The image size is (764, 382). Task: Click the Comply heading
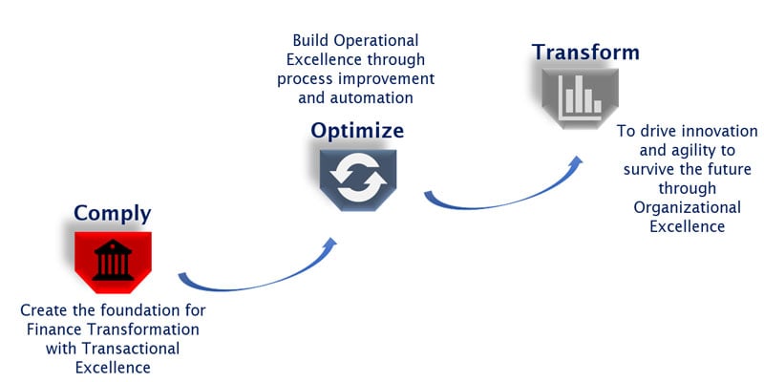(112, 213)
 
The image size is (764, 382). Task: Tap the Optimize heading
(356, 130)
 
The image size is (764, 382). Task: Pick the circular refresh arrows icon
(356, 179)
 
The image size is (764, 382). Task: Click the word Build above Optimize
(313, 42)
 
